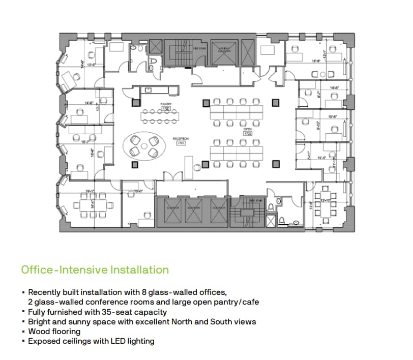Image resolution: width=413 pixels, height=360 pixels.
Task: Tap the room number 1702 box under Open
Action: (x=248, y=133)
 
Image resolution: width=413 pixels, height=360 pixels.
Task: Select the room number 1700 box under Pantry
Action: (x=166, y=109)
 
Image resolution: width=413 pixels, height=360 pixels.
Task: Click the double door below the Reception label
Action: (x=172, y=176)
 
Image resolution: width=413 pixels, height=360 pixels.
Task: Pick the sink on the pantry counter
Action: (x=149, y=90)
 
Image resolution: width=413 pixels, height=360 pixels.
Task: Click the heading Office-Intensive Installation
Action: (x=95, y=269)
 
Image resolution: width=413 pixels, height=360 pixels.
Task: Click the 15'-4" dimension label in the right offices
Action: (x=334, y=117)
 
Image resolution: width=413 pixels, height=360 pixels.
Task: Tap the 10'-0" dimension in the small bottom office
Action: (x=137, y=192)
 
